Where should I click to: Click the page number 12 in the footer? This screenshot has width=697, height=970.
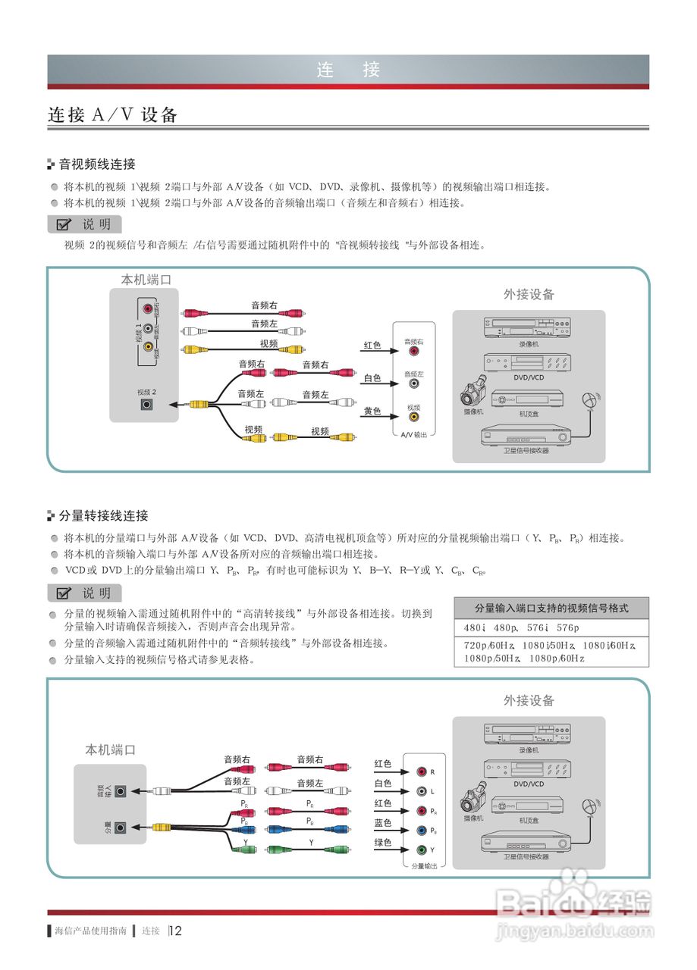tap(176, 931)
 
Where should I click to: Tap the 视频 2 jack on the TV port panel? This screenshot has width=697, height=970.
tap(147, 404)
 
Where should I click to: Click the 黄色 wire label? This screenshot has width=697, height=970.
tap(372, 411)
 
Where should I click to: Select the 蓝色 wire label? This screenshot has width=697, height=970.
tap(383, 823)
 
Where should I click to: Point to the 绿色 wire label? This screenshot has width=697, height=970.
tap(383, 843)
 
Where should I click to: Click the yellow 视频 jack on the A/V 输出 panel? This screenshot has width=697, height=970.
tap(414, 416)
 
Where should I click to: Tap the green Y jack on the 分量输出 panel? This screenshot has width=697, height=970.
tap(422, 850)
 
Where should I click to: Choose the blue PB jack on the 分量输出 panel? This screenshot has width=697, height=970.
tap(422, 831)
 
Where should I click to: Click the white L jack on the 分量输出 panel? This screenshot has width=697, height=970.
tap(422, 791)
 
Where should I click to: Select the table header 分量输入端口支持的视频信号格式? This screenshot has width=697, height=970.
tap(551, 608)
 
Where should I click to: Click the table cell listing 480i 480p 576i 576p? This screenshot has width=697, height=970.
tap(522, 628)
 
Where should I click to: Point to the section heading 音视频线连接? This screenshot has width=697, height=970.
tap(97, 164)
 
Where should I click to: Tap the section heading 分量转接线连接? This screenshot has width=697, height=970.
tap(103, 516)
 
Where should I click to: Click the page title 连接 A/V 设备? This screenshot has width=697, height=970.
tap(113, 115)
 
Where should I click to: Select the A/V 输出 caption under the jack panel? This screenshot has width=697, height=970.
tap(414, 435)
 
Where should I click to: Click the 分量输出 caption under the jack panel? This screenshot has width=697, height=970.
tap(424, 865)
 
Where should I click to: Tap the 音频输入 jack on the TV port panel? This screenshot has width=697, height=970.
tap(120, 791)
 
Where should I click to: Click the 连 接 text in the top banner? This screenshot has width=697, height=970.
tap(348, 70)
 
